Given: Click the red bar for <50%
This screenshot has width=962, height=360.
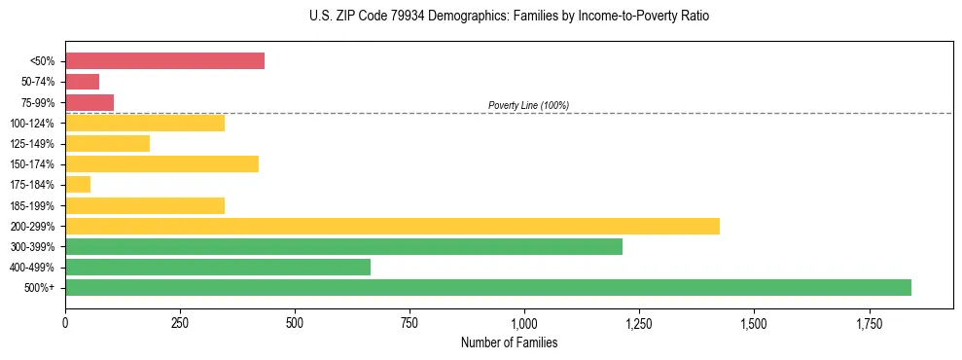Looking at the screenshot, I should (x=164, y=61).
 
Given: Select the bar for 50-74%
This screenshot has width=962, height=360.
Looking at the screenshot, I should (x=82, y=82).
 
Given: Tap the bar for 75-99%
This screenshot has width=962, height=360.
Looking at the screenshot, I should (x=89, y=102).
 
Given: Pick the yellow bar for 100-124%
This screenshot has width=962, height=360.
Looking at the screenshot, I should (x=145, y=123).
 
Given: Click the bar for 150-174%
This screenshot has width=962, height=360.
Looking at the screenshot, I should (x=161, y=163).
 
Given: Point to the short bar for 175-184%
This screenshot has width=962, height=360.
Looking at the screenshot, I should (x=78, y=185).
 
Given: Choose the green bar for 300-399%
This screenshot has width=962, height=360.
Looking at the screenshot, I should (x=343, y=246).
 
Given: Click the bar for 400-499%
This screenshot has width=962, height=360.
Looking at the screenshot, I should (x=218, y=267).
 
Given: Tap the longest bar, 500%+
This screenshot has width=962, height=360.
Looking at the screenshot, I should (x=488, y=287).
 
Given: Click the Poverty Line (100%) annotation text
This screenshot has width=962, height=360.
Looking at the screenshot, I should (x=528, y=105).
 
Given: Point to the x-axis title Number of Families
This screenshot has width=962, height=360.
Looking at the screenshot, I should (x=509, y=343).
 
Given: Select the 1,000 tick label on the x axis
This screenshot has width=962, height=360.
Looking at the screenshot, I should (x=524, y=322).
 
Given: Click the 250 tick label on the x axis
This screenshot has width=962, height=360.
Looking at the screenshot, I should (x=180, y=322).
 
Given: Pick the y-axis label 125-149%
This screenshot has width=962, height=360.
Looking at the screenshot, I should (x=32, y=144).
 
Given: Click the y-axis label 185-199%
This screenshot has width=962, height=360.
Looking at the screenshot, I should (x=32, y=205).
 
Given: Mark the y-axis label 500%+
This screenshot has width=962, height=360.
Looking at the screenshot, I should (x=39, y=288).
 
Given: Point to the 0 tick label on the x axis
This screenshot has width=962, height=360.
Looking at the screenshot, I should (x=65, y=322).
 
